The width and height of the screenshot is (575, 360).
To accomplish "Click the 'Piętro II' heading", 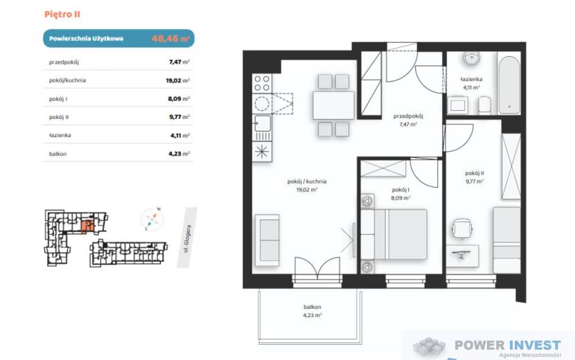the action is tap(62, 15).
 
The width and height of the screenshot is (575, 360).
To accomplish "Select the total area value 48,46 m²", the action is tap(170, 38).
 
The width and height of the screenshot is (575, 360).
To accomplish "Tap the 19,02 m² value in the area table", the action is tap(178, 80).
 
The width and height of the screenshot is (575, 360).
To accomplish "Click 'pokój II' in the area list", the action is tap(59, 117).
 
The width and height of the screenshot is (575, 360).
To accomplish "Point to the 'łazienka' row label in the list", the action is tap(60, 135).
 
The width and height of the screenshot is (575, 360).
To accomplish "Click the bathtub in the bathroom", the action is tap(509, 84).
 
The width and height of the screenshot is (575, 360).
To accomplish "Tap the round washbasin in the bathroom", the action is tap(472, 58).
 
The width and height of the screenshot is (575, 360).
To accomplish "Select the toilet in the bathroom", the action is tap(485, 106).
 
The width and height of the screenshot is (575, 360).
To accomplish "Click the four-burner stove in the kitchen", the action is tap(262, 83).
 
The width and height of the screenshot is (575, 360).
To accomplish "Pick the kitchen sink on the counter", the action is tap(263, 123).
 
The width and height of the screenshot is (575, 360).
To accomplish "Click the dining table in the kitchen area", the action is tap(334, 106).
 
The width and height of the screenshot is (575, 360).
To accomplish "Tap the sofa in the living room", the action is tap(267, 240).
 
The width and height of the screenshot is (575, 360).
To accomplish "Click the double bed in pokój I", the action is tap(394, 234).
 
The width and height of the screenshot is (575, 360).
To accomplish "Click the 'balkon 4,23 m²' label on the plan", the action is tap(312, 311).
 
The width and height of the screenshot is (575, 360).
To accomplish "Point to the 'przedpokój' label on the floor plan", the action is tap(408, 116).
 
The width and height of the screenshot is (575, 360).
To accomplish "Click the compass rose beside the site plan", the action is tap(152, 219).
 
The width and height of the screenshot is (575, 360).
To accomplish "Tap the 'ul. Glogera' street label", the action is tap(187, 239).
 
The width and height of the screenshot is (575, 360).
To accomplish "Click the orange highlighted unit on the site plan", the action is tap(88, 227).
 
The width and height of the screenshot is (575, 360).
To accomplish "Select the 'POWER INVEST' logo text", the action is tap(508, 345).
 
